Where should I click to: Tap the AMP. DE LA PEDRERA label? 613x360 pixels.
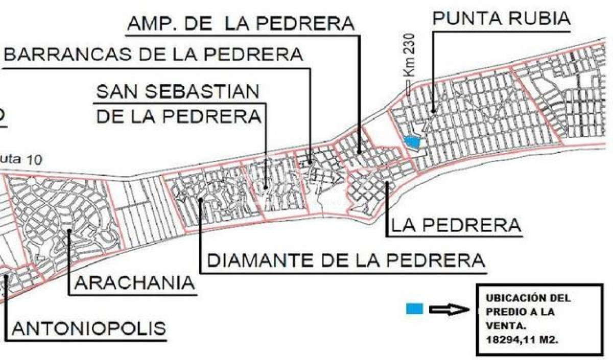pos(240,23)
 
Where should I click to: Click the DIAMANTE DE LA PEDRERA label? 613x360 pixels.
pos(345,260)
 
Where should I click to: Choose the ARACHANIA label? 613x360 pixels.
pos(135,282)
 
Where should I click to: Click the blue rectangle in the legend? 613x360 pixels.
pos(414,308)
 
